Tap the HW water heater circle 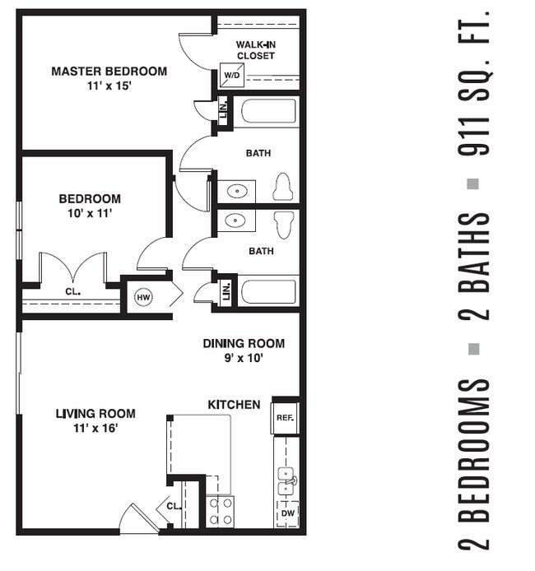click(143, 297)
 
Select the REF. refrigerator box click(285, 417)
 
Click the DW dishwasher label click(286, 513)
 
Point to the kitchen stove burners click(220, 511)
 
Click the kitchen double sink click(286, 481)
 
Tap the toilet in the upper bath click(283, 188)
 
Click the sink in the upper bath click(237, 191)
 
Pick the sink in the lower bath click(237, 221)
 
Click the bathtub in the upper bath click(268, 111)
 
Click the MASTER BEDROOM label click(109, 72)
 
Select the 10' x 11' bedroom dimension click(89, 213)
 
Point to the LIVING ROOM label click(95, 414)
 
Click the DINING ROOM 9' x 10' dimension click(244, 358)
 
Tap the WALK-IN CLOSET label click(255, 49)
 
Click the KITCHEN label click(234, 405)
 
